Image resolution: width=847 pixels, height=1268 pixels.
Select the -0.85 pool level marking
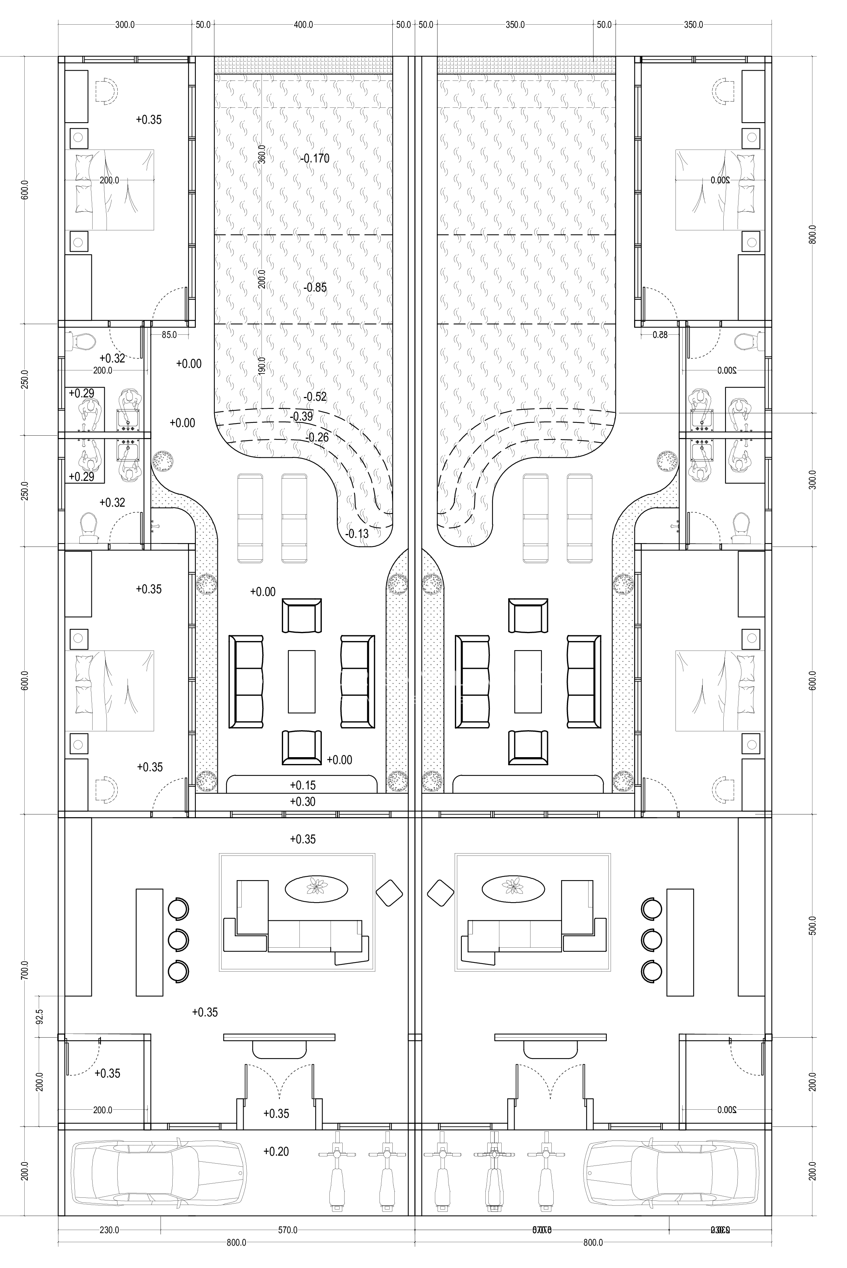tap(315, 287)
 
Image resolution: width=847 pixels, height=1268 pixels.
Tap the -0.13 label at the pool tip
tap(357, 534)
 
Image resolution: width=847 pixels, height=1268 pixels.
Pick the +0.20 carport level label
tap(276, 1151)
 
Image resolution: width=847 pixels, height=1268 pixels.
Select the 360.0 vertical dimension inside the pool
tap(262, 154)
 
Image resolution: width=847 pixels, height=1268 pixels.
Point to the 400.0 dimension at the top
tap(303, 25)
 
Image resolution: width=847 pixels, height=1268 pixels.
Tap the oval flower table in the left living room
tap(316, 888)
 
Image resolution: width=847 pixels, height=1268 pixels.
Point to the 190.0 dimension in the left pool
tap(262, 366)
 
